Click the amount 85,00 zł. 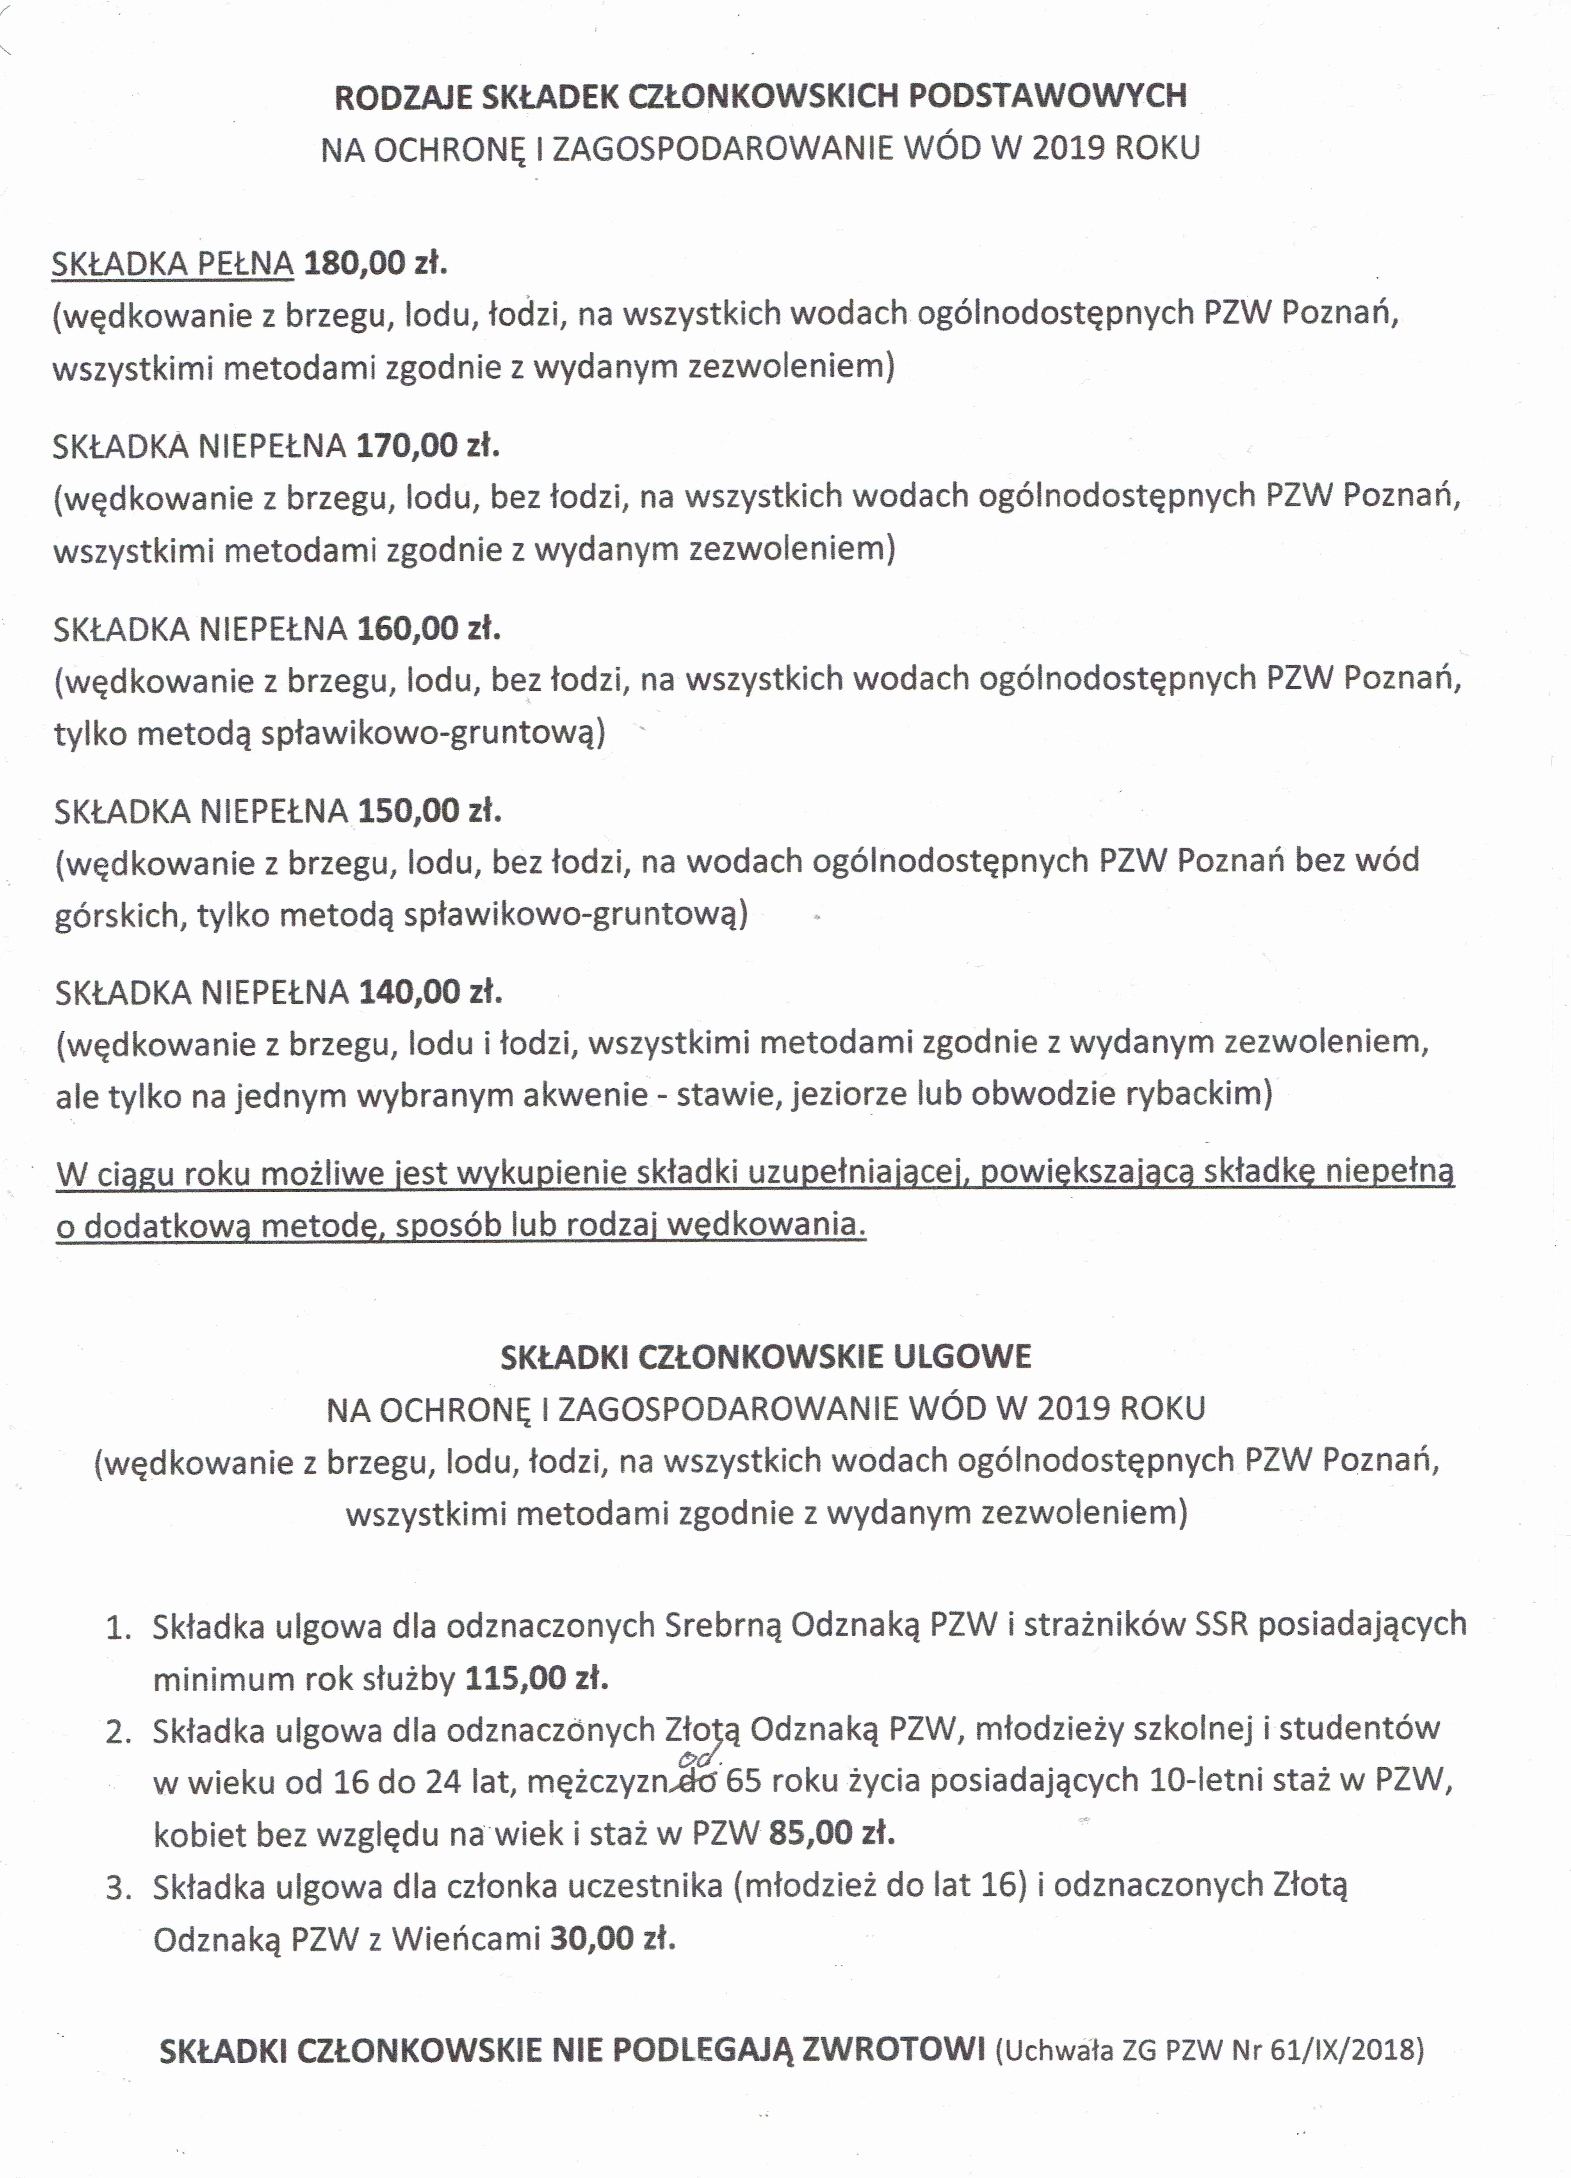(x=832, y=1832)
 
